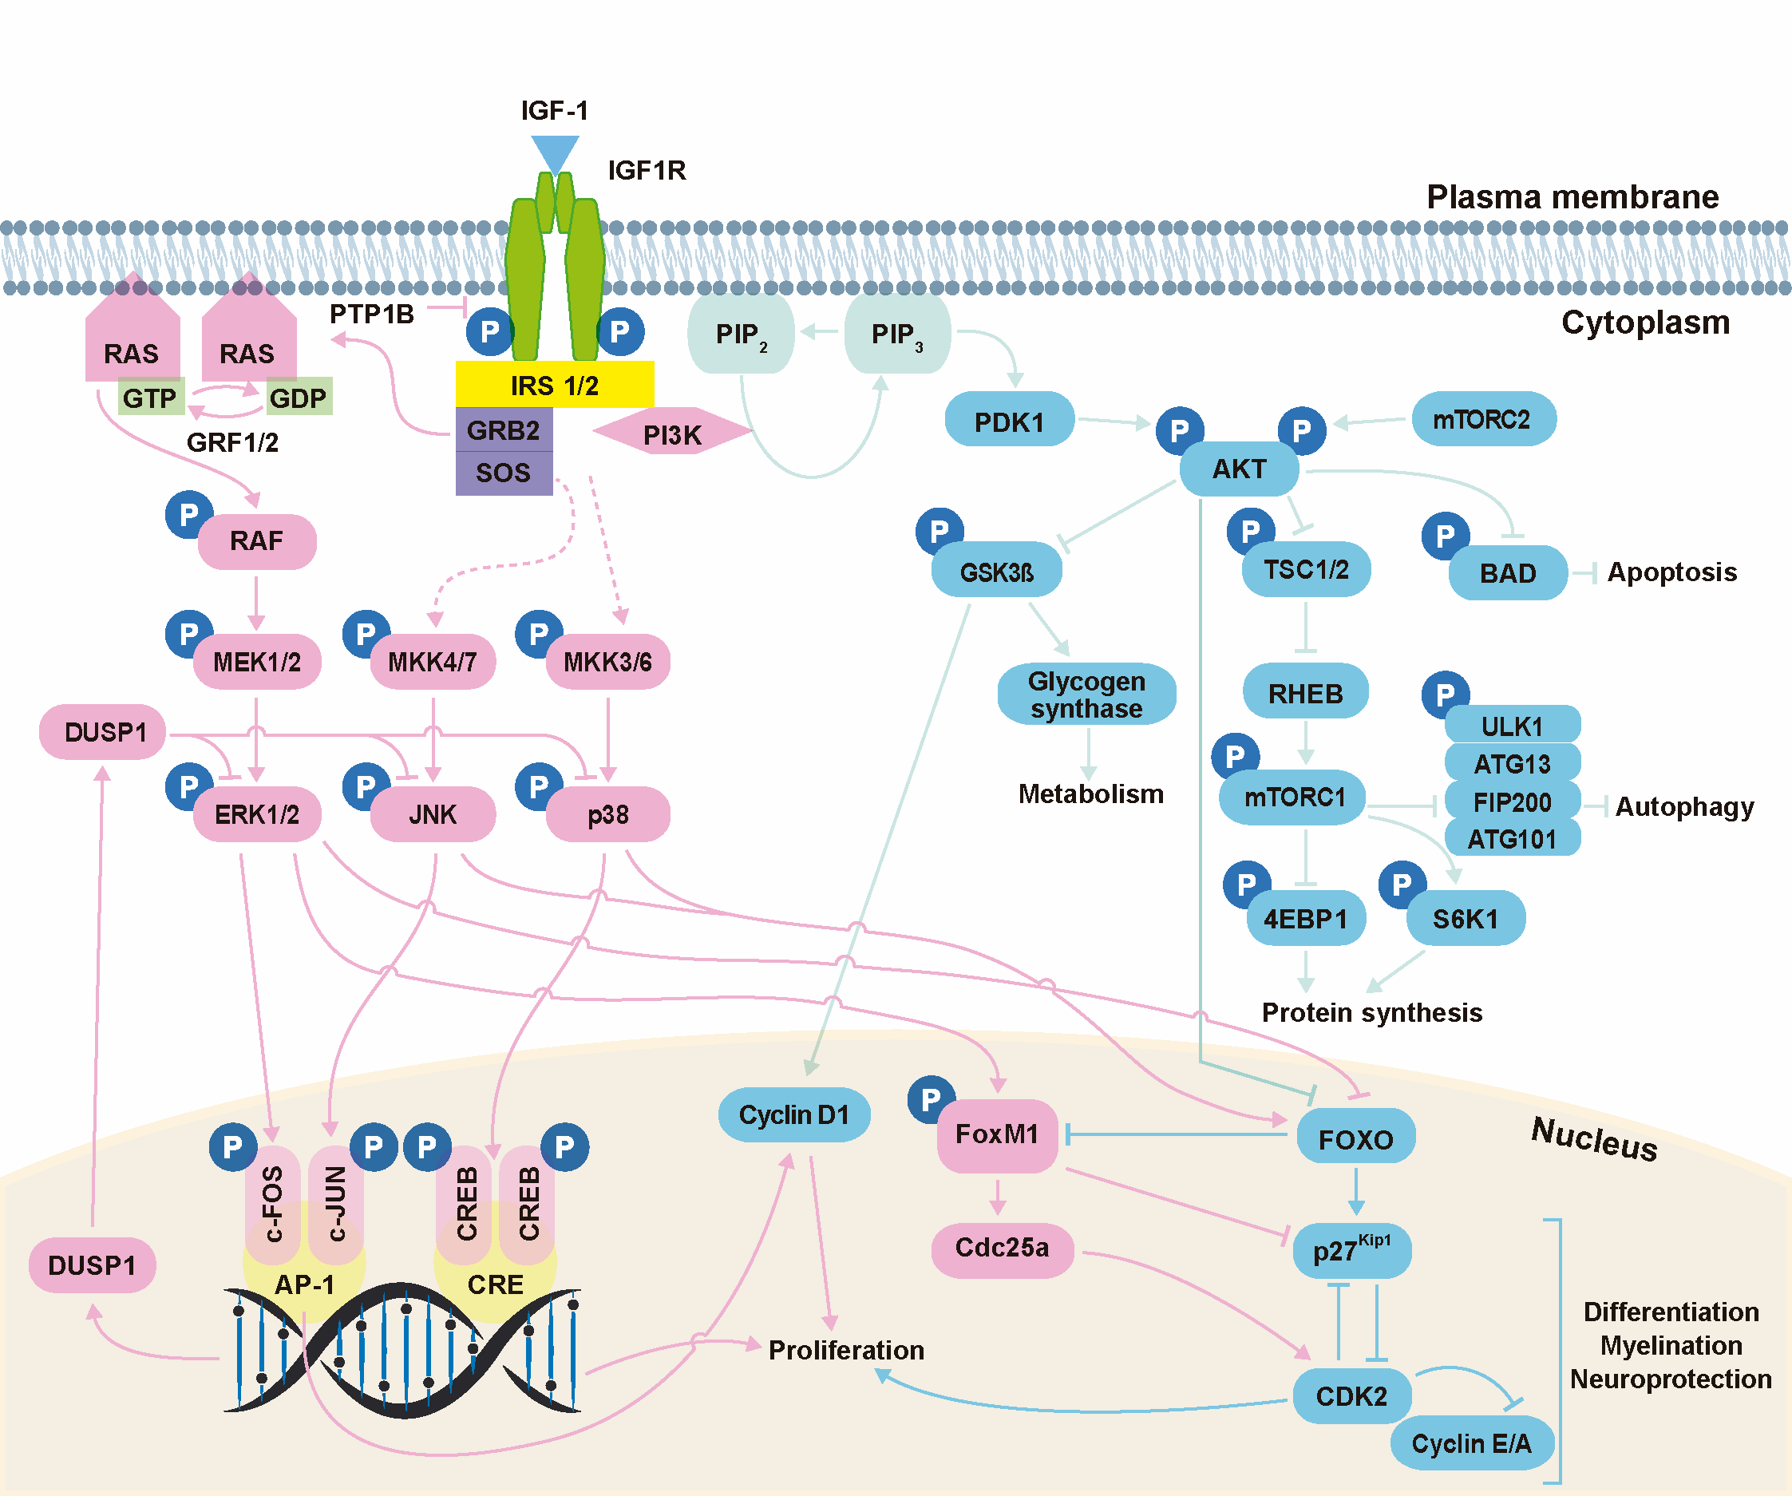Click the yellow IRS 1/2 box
click(x=555, y=385)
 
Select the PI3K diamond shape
click(x=672, y=433)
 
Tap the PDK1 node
click(x=1010, y=421)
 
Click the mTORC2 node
click(x=1483, y=419)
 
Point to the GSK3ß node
click(x=997, y=571)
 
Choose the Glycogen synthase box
click(x=1086, y=695)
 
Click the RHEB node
click(x=1306, y=693)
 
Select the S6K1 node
click(x=1466, y=918)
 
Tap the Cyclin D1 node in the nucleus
click(x=793, y=1114)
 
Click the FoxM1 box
click(x=997, y=1134)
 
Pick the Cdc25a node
click(x=1002, y=1248)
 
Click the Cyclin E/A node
click(x=1471, y=1443)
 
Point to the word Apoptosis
click(x=1671, y=572)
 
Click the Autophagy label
click(x=1684, y=806)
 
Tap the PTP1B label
click(x=371, y=314)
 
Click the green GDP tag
click(x=298, y=398)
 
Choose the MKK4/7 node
click(x=433, y=661)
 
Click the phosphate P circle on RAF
click(x=188, y=515)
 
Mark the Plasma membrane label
click(x=1572, y=197)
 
